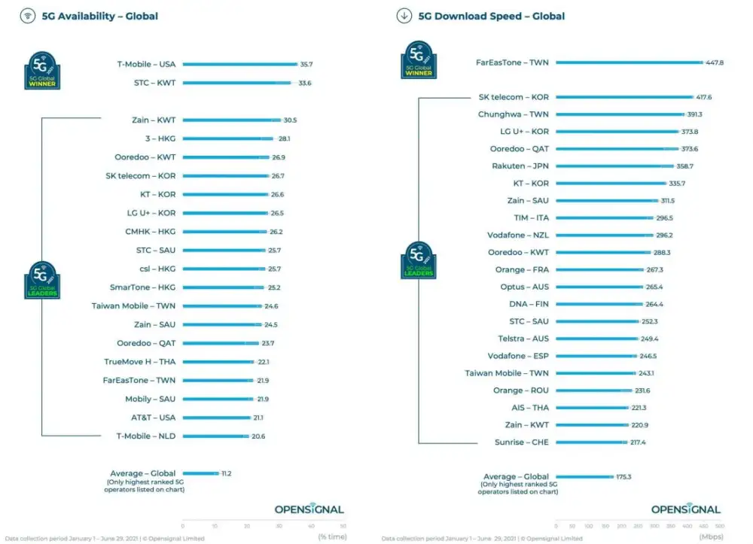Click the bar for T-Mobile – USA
[x=239, y=65]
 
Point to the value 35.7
[x=306, y=65]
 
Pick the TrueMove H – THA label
[x=139, y=362]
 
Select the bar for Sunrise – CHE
[x=591, y=442]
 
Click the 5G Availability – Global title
[x=100, y=16]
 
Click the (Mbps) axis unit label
[x=709, y=537]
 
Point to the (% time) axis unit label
[x=331, y=537]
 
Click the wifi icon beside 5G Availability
[x=28, y=16]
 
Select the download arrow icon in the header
[x=404, y=16]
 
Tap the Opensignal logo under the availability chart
[x=309, y=509]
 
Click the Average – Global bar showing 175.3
[x=585, y=477]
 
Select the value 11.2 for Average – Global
[x=227, y=473]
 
